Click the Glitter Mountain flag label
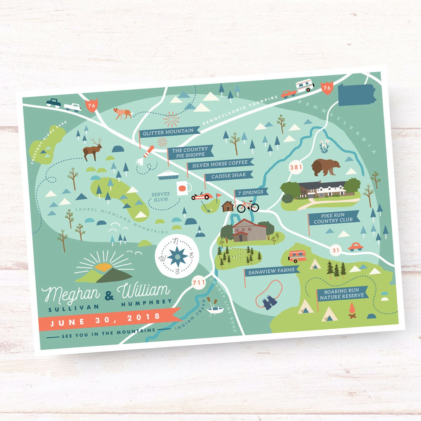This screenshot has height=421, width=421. pos(168,132)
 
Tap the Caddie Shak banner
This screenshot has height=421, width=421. pos(228,176)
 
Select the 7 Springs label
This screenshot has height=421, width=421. pos(251,192)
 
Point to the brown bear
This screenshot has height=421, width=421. pos(325,167)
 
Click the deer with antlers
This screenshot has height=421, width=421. pos(92,149)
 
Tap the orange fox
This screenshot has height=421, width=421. pos(122,113)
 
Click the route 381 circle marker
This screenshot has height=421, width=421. pos(296,167)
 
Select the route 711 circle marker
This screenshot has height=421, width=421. pos(199,282)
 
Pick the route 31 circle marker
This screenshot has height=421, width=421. pos(336,250)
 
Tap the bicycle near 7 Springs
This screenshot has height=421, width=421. pos(248,206)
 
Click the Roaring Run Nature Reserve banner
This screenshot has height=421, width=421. pos(342,293)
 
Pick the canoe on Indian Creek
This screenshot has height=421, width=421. pos(216,310)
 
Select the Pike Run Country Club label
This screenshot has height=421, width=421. pos(333,218)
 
